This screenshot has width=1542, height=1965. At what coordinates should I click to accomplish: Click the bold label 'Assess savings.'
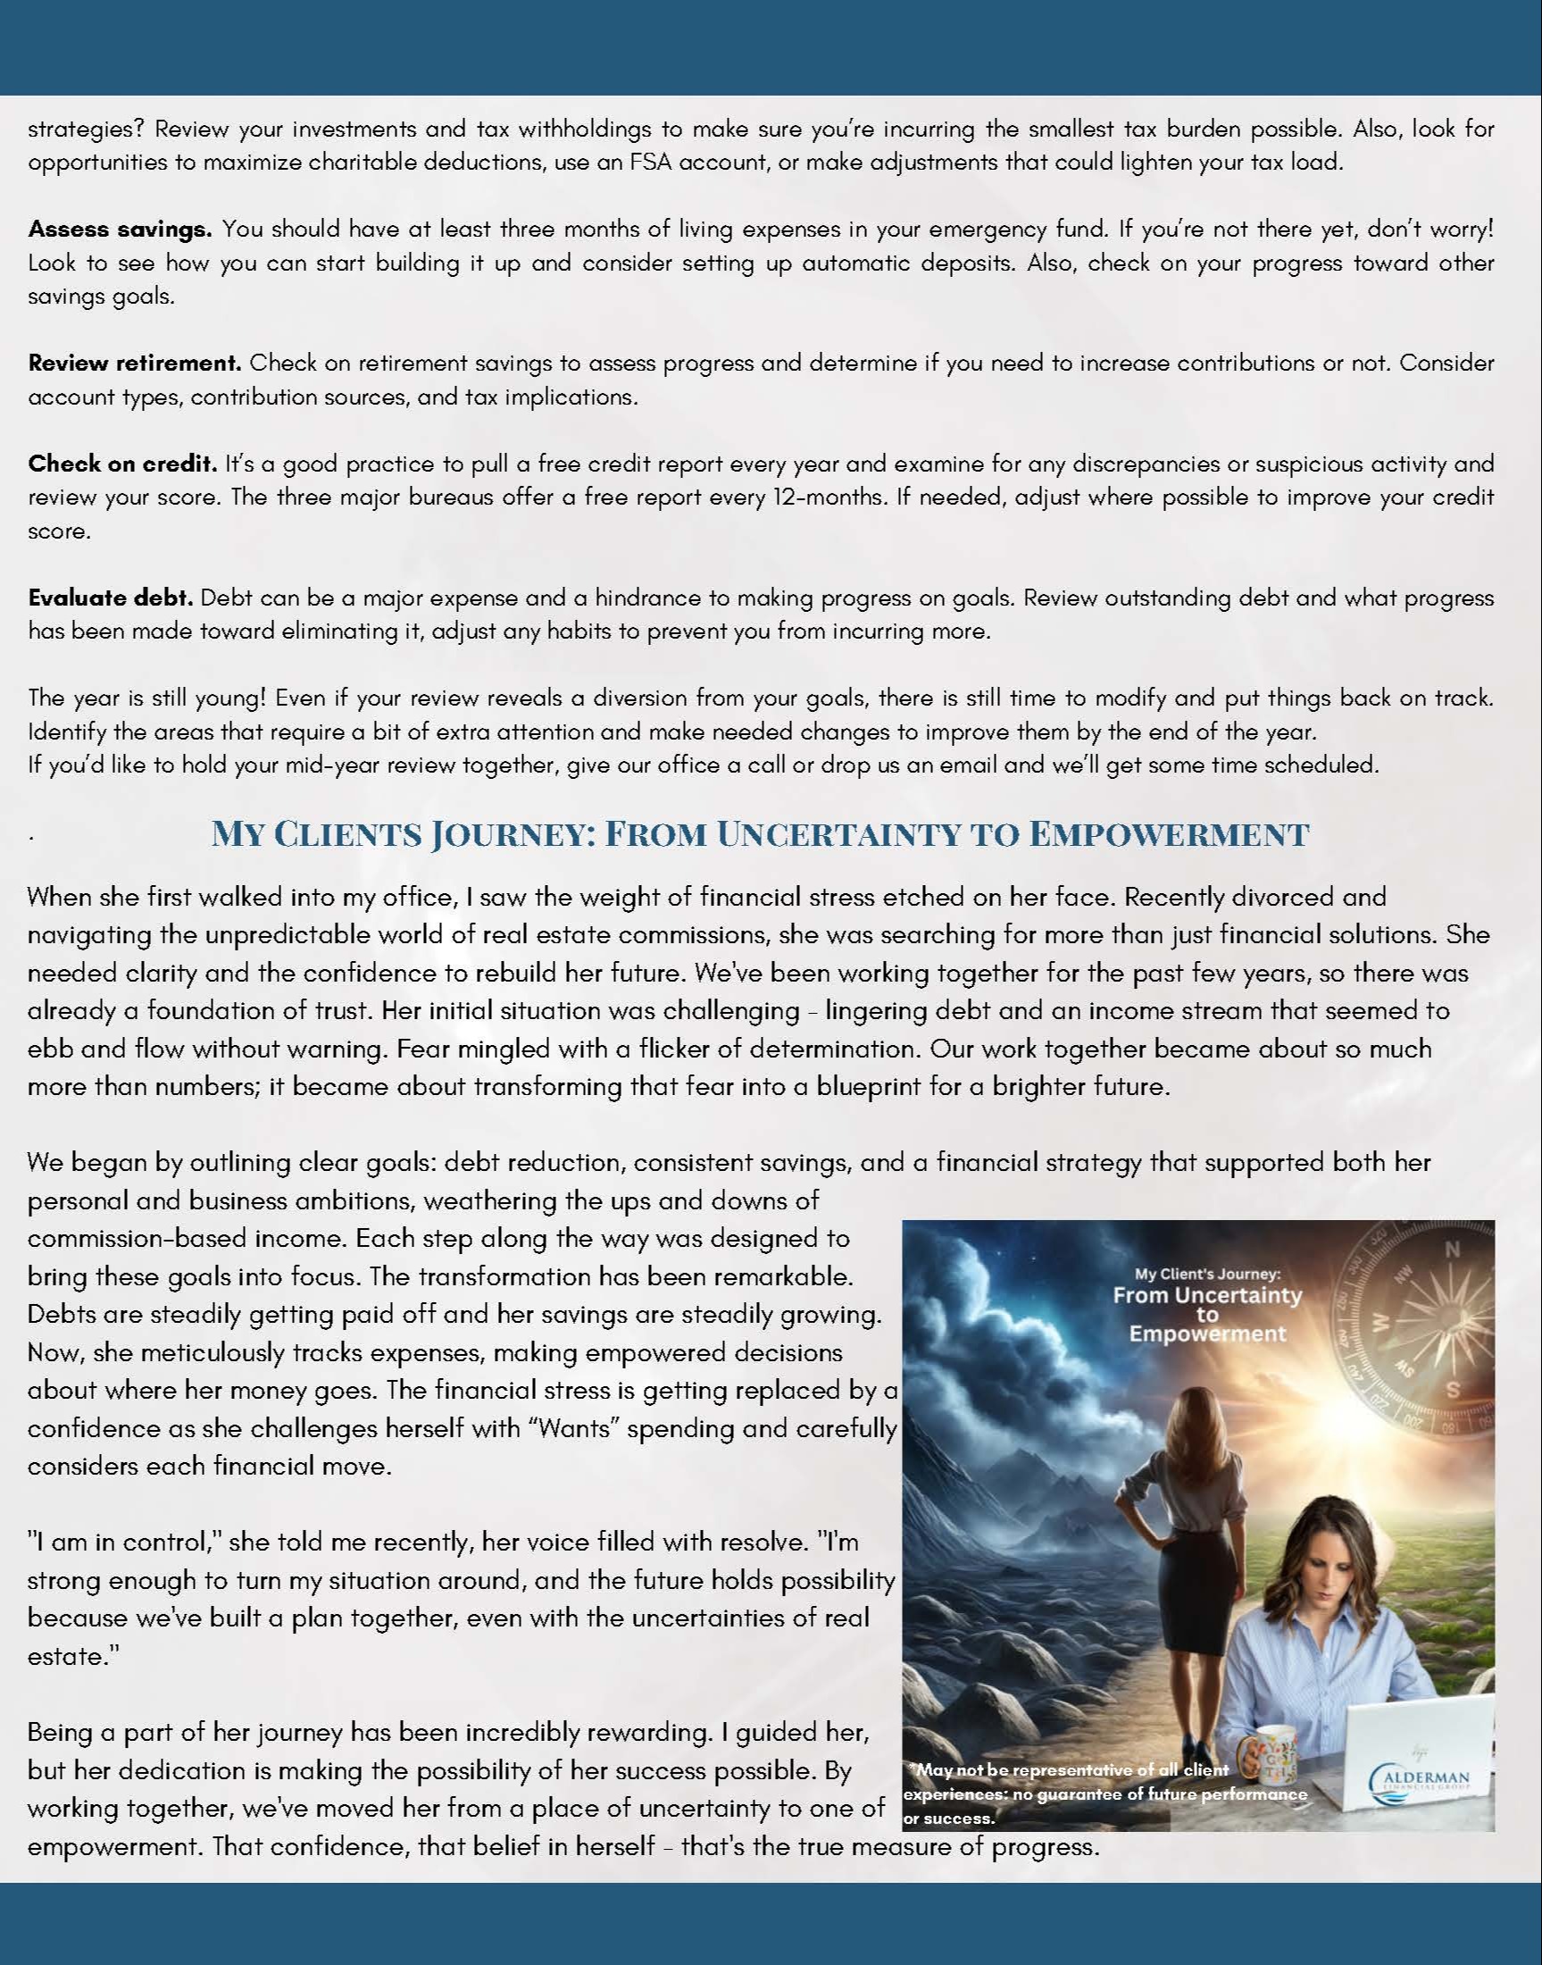pos(119,230)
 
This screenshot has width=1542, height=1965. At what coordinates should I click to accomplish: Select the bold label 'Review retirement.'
pos(135,363)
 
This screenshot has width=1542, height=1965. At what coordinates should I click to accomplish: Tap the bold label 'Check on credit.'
pos(122,464)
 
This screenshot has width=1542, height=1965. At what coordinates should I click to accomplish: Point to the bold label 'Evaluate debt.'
pos(110,598)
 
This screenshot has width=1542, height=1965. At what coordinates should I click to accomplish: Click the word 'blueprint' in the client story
pos(870,1085)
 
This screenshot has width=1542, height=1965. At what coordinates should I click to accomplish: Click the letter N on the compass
pos(1453,1250)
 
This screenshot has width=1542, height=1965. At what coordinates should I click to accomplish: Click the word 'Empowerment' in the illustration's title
pos(1207,1334)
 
